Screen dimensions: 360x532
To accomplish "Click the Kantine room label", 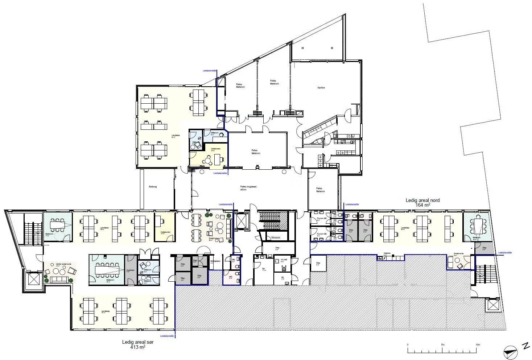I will coord(321,88).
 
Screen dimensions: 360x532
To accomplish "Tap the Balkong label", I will coord(153,187).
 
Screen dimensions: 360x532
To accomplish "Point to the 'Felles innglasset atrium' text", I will coord(248,188).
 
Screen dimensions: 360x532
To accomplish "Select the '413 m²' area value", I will coord(138,347).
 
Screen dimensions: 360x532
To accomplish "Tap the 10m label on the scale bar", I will coord(477,344).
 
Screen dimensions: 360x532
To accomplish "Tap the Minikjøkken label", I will coord(215,261).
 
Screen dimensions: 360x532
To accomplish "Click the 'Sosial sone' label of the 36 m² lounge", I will coord(214,239).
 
